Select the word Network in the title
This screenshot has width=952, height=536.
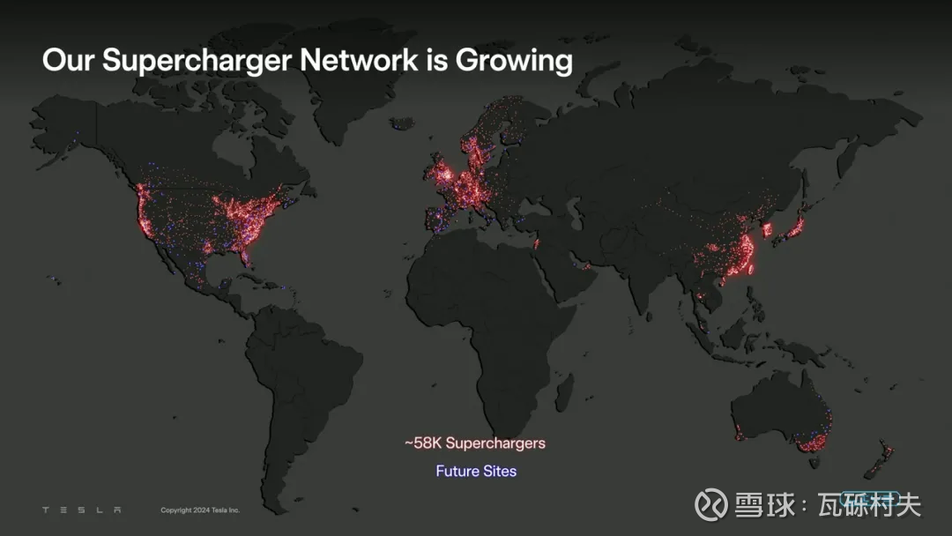coord(358,59)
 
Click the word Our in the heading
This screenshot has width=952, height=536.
coord(68,59)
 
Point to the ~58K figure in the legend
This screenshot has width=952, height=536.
coord(423,443)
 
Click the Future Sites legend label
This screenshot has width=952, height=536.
coord(476,471)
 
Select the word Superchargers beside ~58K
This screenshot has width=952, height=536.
coord(495,443)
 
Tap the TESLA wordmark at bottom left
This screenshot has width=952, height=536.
coord(81,510)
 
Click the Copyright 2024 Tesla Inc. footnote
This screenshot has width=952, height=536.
coord(200,510)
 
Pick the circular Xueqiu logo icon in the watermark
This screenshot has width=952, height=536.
coord(711,504)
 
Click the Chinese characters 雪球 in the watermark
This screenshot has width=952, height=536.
coord(764,504)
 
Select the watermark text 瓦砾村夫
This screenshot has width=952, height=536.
coord(869,504)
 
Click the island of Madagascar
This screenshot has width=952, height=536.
coord(565,392)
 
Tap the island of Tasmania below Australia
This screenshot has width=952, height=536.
coord(814,463)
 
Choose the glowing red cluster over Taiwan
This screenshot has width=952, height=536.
coord(752,268)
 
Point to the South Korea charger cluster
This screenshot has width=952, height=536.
coord(767,230)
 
